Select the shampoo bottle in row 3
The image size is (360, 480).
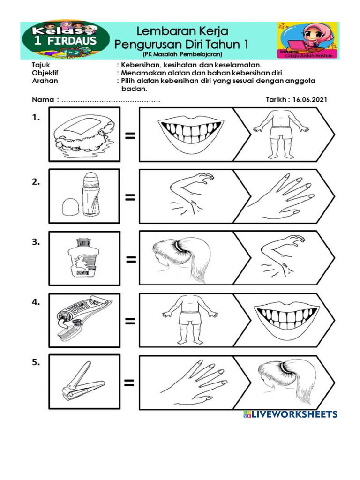(x=84, y=258)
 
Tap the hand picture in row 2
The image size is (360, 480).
(x=282, y=197)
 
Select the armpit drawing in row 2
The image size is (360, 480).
(x=190, y=196)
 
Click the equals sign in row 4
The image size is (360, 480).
(x=130, y=321)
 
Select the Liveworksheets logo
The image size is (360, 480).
(x=290, y=414)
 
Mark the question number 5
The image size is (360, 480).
(x=36, y=362)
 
